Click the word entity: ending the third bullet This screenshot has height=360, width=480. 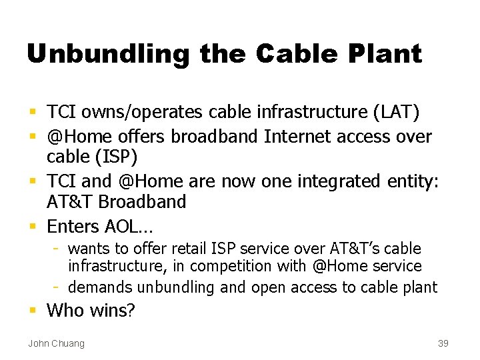[x=413, y=181]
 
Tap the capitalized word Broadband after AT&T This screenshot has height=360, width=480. [x=143, y=201]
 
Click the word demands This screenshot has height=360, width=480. [x=101, y=287]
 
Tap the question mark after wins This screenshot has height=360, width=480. [x=131, y=310]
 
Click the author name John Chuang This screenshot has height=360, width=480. [x=56, y=343]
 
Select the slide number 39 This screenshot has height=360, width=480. [x=443, y=343]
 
